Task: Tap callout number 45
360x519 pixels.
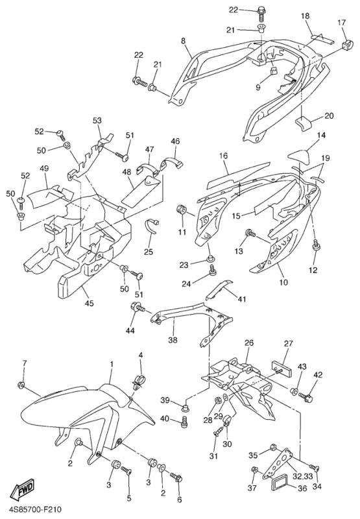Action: [89, 303]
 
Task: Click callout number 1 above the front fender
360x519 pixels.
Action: [112, 364]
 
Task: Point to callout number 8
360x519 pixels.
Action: [183, 41]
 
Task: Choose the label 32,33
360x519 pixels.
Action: [302, 476]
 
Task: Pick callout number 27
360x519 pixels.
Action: [288, 344]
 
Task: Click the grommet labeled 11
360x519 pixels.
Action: [182, 211]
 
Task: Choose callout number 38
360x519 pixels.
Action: [173, 339]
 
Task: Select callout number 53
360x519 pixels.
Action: [97, 121]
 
